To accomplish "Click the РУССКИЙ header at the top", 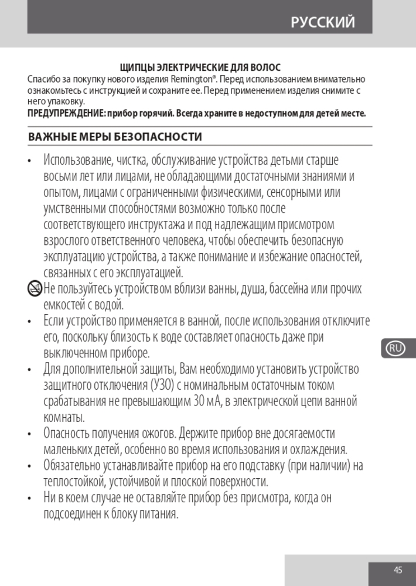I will [323, 22].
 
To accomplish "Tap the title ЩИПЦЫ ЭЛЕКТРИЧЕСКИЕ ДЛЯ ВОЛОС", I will [200, 68].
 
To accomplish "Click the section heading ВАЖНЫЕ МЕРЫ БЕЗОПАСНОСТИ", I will [115, 137].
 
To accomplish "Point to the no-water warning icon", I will [35, 288].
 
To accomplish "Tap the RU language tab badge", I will [396, 348].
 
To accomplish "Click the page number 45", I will [398, 570].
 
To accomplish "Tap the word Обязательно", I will [72, 466].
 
